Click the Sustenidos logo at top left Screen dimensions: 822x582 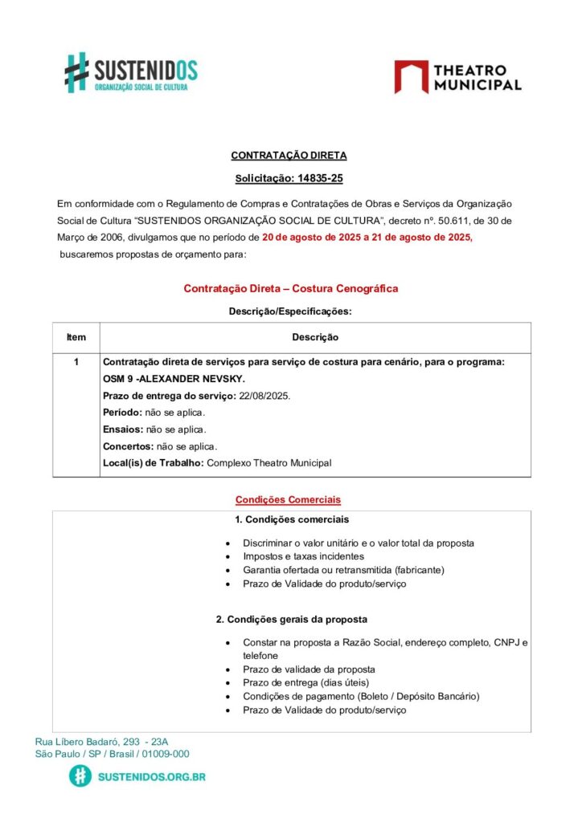pyautogui.click(x=130, y=72)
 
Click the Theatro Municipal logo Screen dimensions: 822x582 pyautogui.click(x=457, y=76)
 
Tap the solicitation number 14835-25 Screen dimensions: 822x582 pyautogui.click(x=320, y=179)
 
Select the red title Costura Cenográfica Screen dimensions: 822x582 pyautogui.click(x=291, y=288)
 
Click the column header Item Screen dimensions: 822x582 pyautogui.click(x=76, y=338)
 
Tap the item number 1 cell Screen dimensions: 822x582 pyautogui.click(x=76, y=362)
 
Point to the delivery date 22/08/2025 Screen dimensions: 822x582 pyautogui.click(x=264, y=396)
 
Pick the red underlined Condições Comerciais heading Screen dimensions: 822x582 pyautogui.click(x=288, y=499)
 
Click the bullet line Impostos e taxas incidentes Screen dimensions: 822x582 pyautogui.click(x=303, y=556)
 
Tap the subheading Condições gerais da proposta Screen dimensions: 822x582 pyautogui.click(x=291, y=620)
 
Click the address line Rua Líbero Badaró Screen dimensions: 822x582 pyautogui.click(x=102, y=742)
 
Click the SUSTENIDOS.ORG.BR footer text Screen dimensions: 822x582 pyautogui.click(x=151, y=776)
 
